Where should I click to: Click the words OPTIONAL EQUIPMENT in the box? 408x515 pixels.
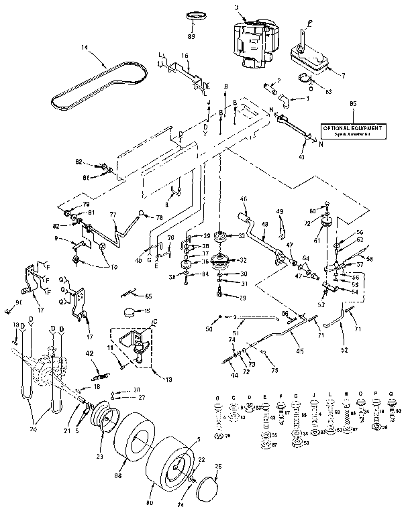pyautogui.click(x=352, y=127)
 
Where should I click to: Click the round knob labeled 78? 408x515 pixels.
pyautogui.click(x=143, y=213)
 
